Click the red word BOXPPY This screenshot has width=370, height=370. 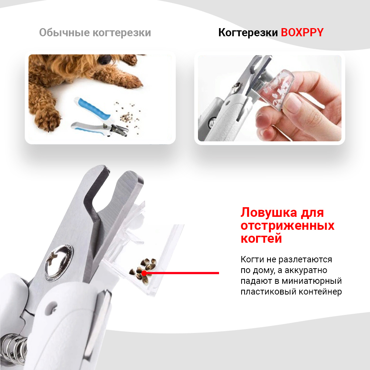pos(302,33)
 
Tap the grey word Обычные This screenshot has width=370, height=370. pos(64,33)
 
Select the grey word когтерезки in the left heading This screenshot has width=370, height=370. pos(122,33)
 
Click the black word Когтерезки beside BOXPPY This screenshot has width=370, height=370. pos(248,33)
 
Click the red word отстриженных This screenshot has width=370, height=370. pos(287,226)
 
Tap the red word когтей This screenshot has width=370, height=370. pos(261,238)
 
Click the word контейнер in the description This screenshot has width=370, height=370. pos(320,292)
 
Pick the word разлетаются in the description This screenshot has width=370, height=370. pos(305,260)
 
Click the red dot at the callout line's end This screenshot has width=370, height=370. pos(144,273)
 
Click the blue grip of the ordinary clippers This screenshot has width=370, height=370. pos(94,108)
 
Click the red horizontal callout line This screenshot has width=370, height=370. pos(182,273)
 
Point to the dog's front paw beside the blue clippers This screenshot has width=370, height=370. pos(47,118)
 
